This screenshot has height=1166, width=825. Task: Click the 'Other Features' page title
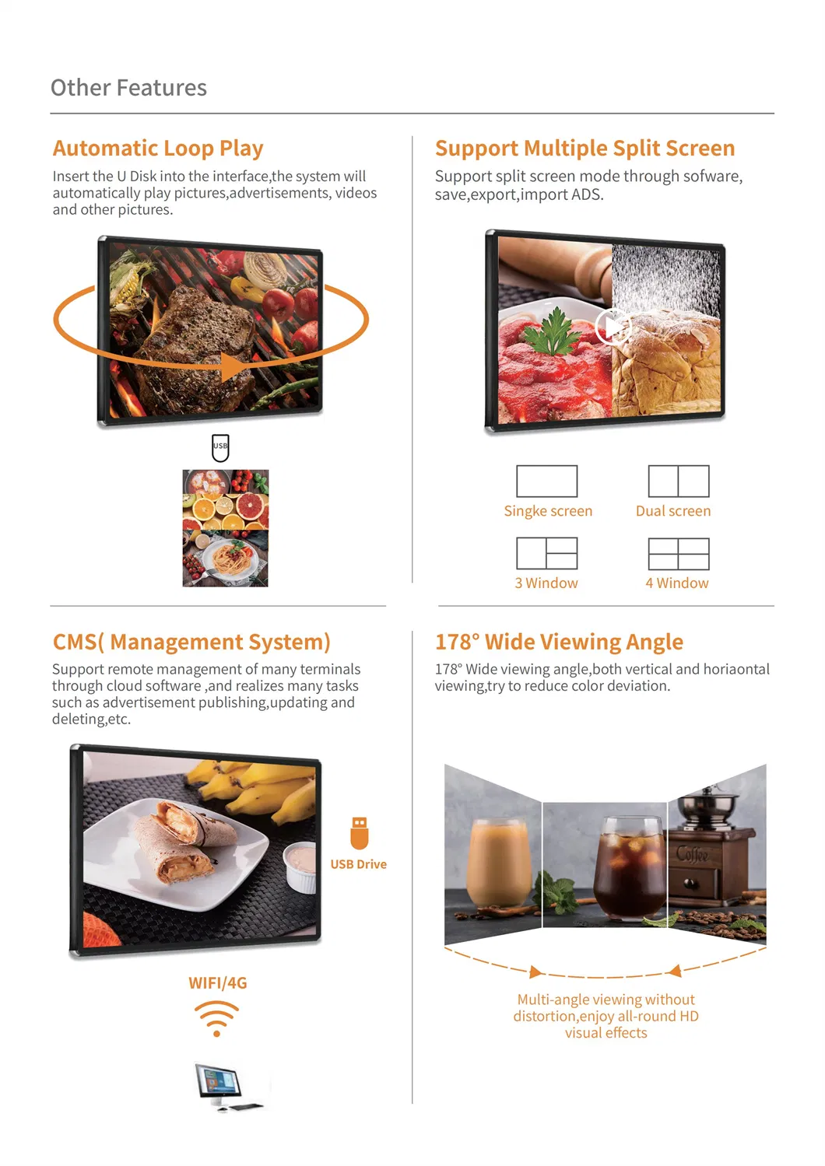click(x=128, y=88)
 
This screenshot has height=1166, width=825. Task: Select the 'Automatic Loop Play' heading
click(x=158, y=148)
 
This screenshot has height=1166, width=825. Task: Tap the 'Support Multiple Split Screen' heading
click(x=585, y=148)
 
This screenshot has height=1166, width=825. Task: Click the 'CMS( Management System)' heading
click(x=191, y=642)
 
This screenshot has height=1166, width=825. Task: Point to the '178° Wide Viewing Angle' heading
click(x=559, y=642)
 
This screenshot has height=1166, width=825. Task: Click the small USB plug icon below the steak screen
click(x=220, y=447)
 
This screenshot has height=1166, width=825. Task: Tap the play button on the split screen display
click(x=613, y=327)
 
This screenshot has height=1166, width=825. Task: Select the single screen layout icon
click(x=547, y=481)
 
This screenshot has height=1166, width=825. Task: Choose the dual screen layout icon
click(x=679, y=481)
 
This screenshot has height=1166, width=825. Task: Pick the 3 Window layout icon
click(x=547, y=553)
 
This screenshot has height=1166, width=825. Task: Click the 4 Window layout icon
click(x=679, y=553)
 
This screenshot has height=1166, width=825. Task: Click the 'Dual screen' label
click(x=673, y=511)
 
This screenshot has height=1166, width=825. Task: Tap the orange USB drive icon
click(x=359, y=833)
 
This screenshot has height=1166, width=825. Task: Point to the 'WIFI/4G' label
click(x=217, y=983)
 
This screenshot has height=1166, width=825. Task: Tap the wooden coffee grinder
click(x=712, y=848)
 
